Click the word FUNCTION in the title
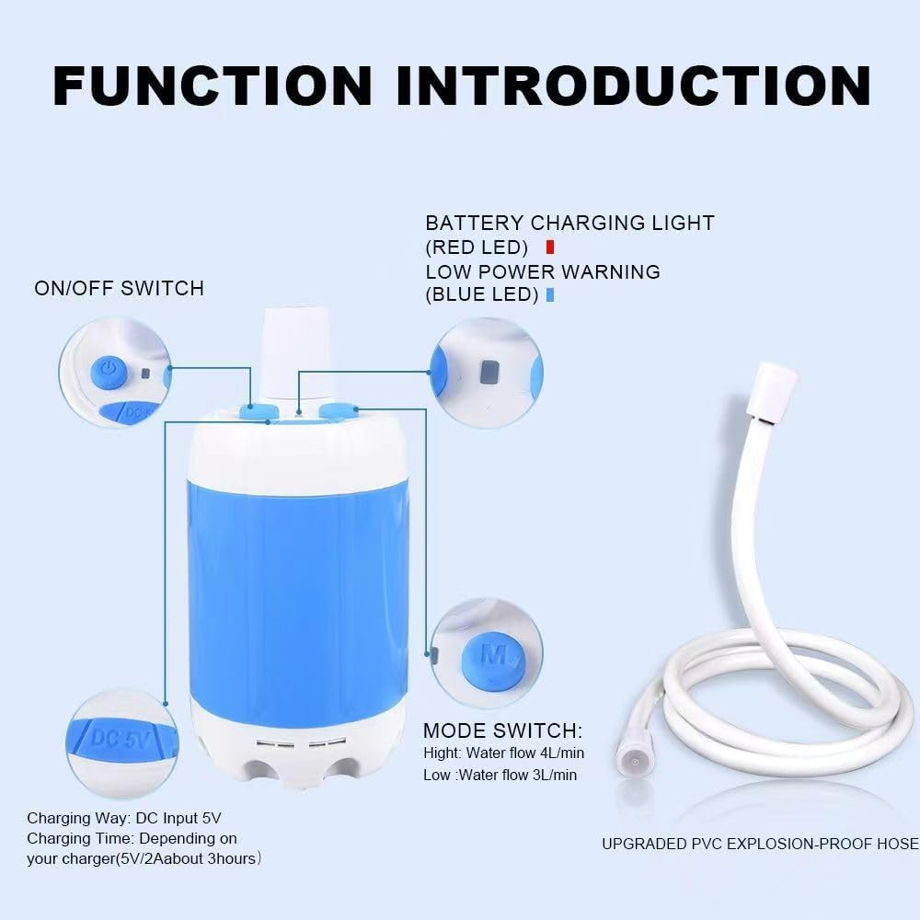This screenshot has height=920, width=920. [x=213, y=85]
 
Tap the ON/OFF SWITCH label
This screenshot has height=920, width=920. [x=119, y=288]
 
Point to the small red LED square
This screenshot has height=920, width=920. [x=549, y=247]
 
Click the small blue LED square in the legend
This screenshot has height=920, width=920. [x=549, y=295]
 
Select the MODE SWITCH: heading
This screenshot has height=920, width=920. [x=502, y=731]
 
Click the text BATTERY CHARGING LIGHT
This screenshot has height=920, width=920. [x=569, y=223]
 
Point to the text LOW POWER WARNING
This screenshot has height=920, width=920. [x=543, y=271]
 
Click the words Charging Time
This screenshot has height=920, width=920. [x=74, y=838]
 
